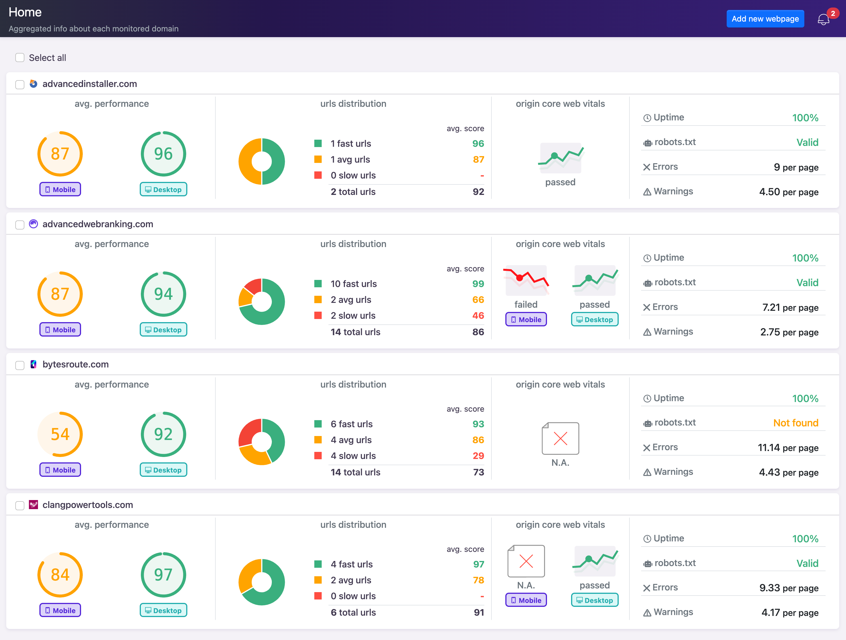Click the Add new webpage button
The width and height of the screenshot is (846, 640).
[x=765, y=19]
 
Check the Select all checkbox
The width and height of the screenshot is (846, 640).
[x=20, y=58]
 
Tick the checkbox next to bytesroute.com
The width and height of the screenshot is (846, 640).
[x=20, y=365]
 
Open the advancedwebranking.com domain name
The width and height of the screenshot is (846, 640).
[x=97, y=224]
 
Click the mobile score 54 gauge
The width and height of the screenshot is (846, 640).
[x=60, y=434]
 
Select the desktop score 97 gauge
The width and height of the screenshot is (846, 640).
[x=163, y=574]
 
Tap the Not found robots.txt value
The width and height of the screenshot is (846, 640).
[x=796, y=423]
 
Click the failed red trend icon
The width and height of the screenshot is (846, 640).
[x=526, y=280]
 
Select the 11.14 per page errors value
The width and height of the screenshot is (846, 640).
[x=788, y=448]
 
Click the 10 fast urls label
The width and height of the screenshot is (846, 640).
[x=353, y=284]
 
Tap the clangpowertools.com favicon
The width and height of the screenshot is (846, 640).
[x=34, y=505]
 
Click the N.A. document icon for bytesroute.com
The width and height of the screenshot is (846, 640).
[x=560, y=439]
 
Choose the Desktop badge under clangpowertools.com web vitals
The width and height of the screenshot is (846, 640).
[x=594, y=600]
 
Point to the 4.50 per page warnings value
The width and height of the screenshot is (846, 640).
[x=789, y=192]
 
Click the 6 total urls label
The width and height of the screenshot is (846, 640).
[x=353, y=613]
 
